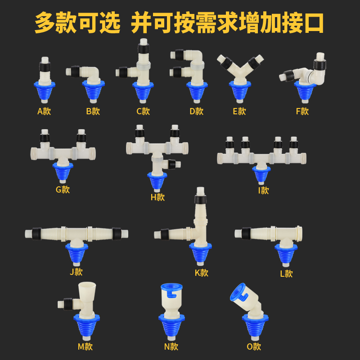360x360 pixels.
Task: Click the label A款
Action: (44, 111)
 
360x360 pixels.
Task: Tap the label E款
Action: (239, 111)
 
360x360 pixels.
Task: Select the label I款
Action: (264, 190)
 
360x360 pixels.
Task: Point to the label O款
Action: (254, 346)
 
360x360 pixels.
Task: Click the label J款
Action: (76, 272)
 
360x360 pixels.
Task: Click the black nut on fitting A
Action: (44, 67)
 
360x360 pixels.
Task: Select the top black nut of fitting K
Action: (201, 198)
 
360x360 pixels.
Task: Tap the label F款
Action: (302, 111)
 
